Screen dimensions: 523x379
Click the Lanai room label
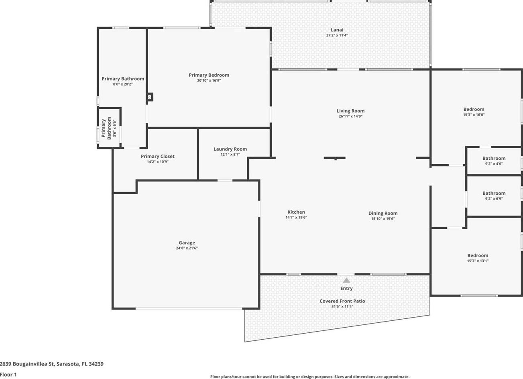pyautogui.click(x=337, y=30)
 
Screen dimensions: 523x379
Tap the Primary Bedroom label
pyautogui.click(x=209, y=75)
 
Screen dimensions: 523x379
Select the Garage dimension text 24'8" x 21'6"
pyautogui.click(x=187, y=248)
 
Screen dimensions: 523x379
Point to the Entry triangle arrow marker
pyautogui.click(x=346, y=280)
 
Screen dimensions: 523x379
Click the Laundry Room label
pyautogui.click(x=230, y=149)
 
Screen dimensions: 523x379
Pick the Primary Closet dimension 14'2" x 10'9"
pyautogui.click(x=158, y=162)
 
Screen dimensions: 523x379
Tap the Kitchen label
pyautogui.click(x=296, y=212)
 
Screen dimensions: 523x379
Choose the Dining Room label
pyautogui.click(x=383, y=214)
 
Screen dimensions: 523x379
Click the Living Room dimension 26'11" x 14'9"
pyautogui.click(x=350, y=116)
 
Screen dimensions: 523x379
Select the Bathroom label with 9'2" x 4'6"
pyautogui.click(x=494, y=158)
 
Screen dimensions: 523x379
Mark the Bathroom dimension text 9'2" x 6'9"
pyautogui.click(x=494, y=199)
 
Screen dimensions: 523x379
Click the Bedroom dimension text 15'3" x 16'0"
pyautogui.click(x=474, y=115)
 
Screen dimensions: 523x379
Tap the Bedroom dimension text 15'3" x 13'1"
pyautogui.click(x=478, y=261)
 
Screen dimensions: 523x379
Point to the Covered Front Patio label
pyautogui.click(x=342, y=301)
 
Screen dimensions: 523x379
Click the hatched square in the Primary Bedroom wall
pyautogui.click(x=150, y=97)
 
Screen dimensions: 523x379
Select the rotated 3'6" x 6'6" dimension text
pyautogui.click(x=115, y=128)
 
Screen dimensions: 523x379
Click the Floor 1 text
pyautogui.click(x=8, y=374)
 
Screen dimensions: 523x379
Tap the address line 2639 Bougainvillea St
pyautogui.click(x=52, y=364)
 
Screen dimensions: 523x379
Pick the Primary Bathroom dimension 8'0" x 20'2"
pyautogui.click(x=123, y=84)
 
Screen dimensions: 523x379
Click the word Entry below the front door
pyautogui.click(x=346, y=289)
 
